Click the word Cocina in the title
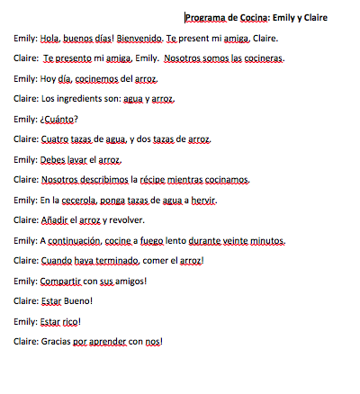251,17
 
